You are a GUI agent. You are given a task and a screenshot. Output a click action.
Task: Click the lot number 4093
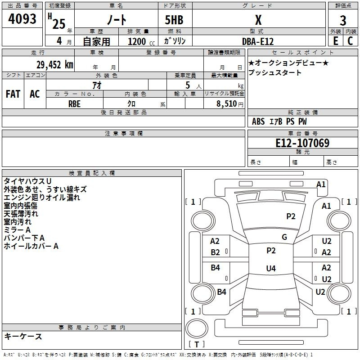pyautogui.click(x=22, y=19)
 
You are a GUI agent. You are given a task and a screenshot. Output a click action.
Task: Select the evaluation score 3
pyautogui.click(x=343, y=20)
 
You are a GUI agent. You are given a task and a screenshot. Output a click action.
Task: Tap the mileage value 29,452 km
pyautogui.click(x=54, y=65)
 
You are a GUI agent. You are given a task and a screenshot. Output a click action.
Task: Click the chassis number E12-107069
pyautogui.click(x=302, y=143)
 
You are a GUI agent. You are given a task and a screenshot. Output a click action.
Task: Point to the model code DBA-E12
pyautogui.click(x=258, y=41)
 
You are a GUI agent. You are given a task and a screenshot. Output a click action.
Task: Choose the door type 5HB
pyautogui.click(x=174, y=20)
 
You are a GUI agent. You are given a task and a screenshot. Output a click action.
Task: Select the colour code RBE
pyautogui.click(x=74, y=104)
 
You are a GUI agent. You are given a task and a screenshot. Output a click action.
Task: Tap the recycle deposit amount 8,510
pyautogui.click(x=227, y=104)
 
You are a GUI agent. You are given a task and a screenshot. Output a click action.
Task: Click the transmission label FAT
pyautogui.click(x=13, y=94)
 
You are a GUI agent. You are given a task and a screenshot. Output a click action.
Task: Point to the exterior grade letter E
pyautogui.click(x=335, y=41)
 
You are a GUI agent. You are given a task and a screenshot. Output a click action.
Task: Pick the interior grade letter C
pyautogui.click(x=350, y=41)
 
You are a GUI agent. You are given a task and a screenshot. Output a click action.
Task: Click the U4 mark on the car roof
pyautogui.click(x=271, y=268)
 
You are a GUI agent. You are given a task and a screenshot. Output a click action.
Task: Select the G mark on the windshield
pyautogui.click(x=284, y=237)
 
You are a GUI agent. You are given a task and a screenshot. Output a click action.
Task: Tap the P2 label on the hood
pyautogui.click(x=291, y=216)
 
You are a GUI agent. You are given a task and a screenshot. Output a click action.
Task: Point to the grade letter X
pyautogui.click(x=258, y=20)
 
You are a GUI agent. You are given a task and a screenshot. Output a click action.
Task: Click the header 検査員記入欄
pyautogui.click(x=92, y=173)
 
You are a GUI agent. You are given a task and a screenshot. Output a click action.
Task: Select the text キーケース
pyautogui.click(x=23, y=337)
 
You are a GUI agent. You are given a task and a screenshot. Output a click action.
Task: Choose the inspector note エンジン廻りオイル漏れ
pyautogui.click(x=42, y=198)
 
